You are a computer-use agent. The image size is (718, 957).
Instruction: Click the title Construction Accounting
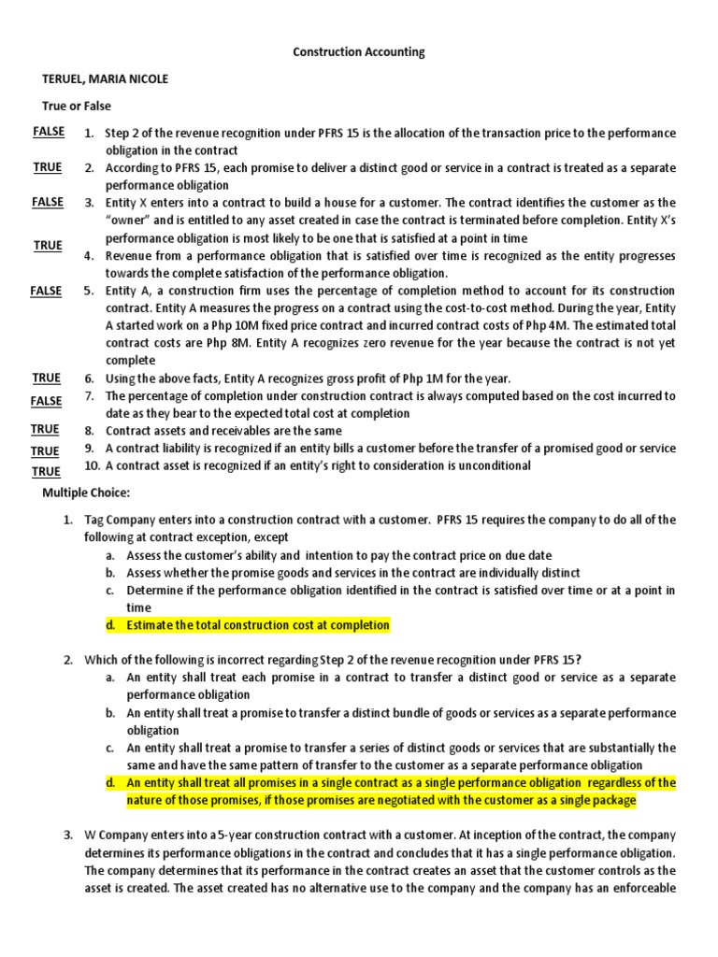pyautogui.click(x=358, y=52)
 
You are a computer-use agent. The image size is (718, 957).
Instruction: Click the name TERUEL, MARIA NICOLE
pyautogui.click(x=106, y=79)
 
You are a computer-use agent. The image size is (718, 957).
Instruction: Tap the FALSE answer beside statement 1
pyautogui.click(x=48, y=132)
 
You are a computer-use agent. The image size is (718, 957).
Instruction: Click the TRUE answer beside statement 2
pyautogui.click(x=48, y=167)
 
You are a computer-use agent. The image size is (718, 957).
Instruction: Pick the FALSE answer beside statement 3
pyautogui.click(x=48, y=202)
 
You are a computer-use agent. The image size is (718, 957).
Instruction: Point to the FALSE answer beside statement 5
pyautogui.click(x=46, y=291)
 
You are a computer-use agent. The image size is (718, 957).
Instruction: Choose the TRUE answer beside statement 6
pyautogui.click(x=47, y=378)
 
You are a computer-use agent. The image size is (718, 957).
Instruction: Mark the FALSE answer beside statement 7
pyautogui.click(x=46, y=401)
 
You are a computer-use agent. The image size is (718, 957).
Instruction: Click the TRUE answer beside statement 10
pyautogui.click(x=46, y=472)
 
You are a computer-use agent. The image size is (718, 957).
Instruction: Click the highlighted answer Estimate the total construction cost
pyautogui.click(x=258, y=625)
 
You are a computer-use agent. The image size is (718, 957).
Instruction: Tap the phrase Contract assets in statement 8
pyautogui.click(x=145, y=431)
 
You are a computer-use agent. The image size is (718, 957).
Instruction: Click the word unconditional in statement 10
pyautogui.click(x=497, y=465)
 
